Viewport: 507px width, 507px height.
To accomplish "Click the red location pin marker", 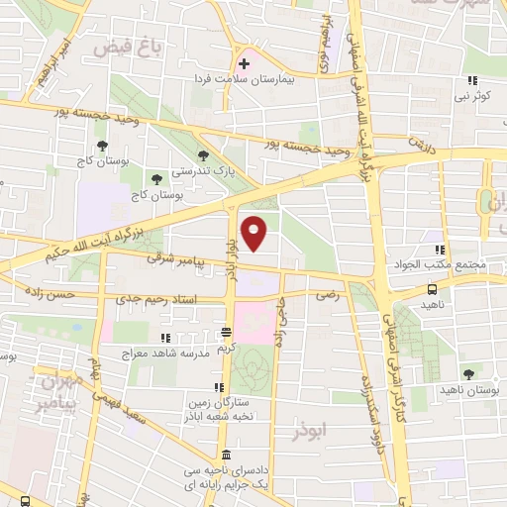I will click(255, 231).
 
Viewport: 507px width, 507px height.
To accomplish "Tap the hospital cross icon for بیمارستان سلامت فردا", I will click(244, 64).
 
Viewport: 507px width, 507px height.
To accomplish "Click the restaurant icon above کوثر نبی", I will click(472, 81).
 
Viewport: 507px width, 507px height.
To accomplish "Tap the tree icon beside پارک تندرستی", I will click(204, 154).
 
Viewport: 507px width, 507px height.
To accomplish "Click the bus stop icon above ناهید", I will click(432, 289).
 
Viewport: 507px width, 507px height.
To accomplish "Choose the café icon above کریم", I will click(227, 334).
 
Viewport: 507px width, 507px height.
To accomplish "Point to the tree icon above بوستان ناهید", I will click(468, 373).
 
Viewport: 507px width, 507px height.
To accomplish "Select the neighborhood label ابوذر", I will click(308, 431).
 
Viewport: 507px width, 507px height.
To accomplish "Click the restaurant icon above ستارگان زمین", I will click(218, 388).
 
